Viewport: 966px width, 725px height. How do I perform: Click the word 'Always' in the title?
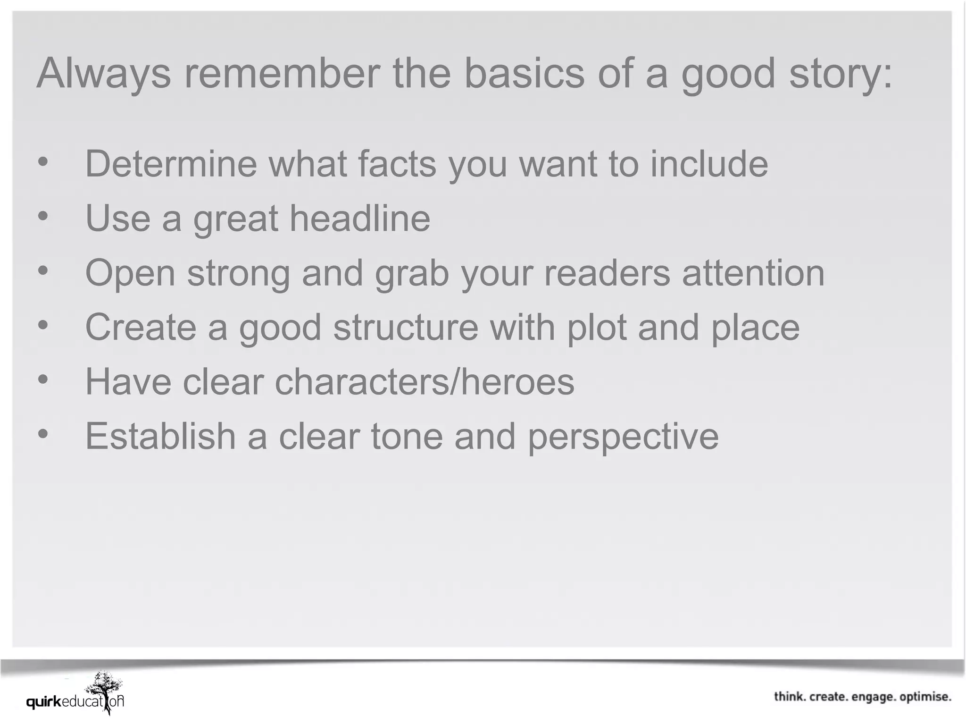pyautogui.click(x=103, y=74)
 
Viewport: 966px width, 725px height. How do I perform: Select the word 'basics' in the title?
pyautogui.click(x=524, y=73)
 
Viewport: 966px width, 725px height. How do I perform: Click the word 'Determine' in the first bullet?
pyautogui.click(x=171, y=164)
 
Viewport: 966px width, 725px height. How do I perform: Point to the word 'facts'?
pyautogui.click(x=397, y=164)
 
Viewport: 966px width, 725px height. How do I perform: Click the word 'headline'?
pyautogui.click(x=359, y=218)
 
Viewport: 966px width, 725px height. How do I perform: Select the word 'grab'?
pyautogui.click(x=411, y=274)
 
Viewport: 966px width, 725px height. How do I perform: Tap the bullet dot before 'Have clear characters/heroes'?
pyautogui.click(x=43, y=379)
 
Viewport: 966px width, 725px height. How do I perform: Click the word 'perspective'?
pyautogui.click(x=623, y=437)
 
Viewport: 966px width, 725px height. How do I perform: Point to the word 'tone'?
pyautogui.click(x=407, y=437)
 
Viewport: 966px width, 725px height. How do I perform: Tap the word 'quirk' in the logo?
pyautogui.click(x=44, y=702)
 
